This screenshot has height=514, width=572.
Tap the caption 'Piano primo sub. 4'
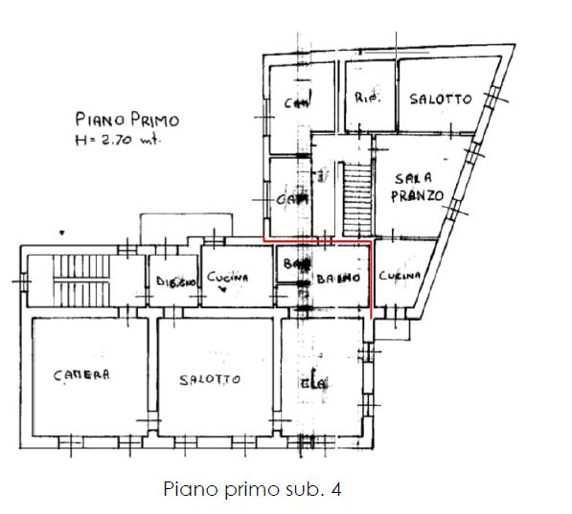[x=252, y=489]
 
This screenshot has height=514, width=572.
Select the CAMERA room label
[x=81, y=374]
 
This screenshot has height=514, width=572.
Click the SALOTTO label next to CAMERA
[x=210, y=379]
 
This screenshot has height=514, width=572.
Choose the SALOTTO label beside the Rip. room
[x=440, y=100]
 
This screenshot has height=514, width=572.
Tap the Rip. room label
[x=368, y=99]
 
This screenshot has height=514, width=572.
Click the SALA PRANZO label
[x=418, y=187]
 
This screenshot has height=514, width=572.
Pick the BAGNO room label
[x=338, y=279]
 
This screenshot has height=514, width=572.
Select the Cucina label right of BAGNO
[x=399, y=276]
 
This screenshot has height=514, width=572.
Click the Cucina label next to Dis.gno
[x=227, y=277]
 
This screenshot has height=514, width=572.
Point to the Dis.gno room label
[x=175, y=281]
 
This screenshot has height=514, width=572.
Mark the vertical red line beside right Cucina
[x=370, y=282]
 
